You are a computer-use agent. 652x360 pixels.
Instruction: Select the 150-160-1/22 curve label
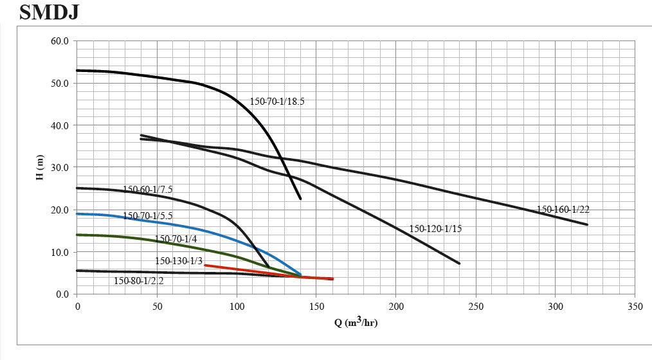563,210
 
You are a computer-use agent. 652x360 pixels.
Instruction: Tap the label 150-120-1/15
435,229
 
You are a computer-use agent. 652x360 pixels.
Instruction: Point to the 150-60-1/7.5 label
147,190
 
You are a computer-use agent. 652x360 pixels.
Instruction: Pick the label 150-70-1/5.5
147,215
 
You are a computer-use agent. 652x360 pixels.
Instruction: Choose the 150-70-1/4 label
176,239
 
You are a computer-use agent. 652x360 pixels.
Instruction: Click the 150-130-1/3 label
179,261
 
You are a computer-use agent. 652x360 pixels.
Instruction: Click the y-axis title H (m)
41,167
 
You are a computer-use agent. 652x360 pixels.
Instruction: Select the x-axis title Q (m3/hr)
356,322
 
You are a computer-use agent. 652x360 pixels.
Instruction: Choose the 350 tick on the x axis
635,307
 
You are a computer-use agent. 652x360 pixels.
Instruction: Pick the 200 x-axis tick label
396,307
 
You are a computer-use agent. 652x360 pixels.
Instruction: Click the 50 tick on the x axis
157,307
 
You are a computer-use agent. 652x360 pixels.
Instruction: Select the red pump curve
257,271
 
